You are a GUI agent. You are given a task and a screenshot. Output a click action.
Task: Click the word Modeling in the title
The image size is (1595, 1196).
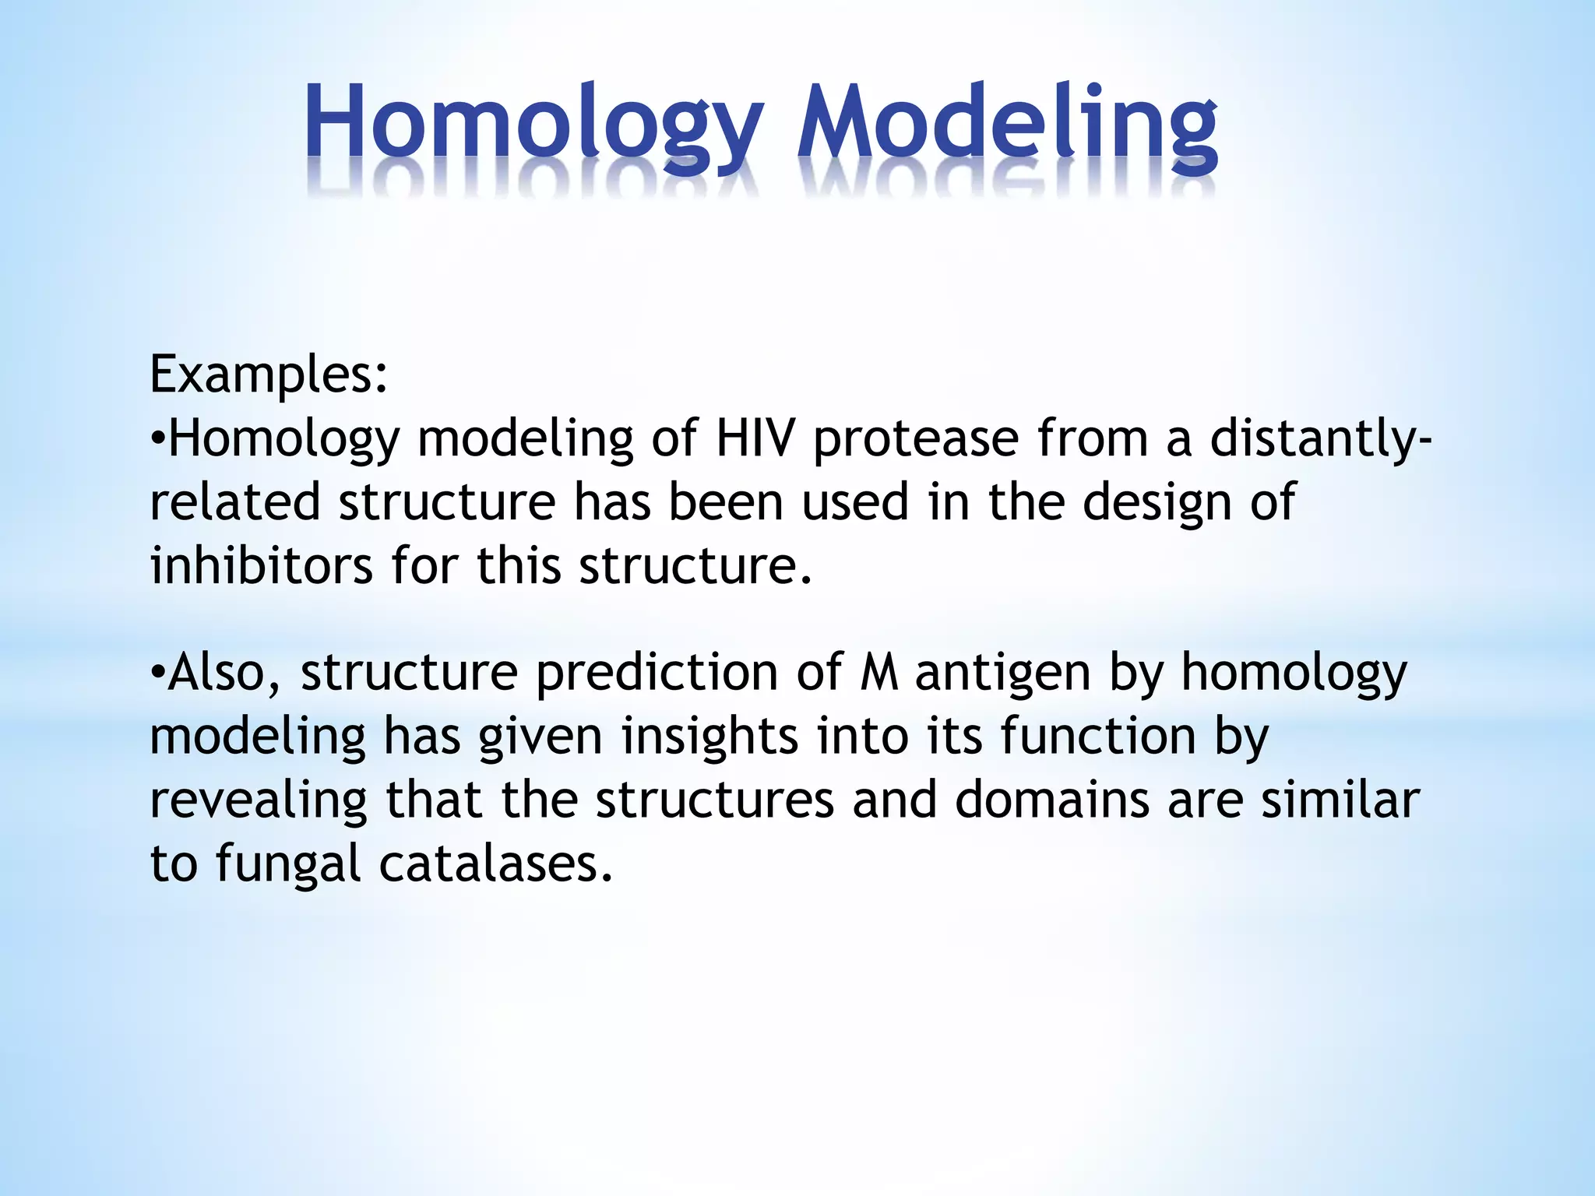coord(1007,125)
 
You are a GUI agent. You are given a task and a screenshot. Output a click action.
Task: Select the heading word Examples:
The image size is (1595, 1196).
coord(269,375)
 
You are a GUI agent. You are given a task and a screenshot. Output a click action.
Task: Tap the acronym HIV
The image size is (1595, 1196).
coord(755,438)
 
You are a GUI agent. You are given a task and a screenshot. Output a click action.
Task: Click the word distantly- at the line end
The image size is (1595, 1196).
coord(1319,438)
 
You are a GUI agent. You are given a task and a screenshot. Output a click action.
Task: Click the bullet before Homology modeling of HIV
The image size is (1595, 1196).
coord(157,440)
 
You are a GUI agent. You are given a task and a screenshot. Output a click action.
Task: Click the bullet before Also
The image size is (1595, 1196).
coord(157,674)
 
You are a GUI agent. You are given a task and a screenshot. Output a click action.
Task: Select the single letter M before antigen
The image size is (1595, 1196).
coord(879,674)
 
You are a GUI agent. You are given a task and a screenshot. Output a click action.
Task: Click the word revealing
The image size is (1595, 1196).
coord(258,802)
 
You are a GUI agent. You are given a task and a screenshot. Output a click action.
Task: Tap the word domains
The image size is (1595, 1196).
coord(1051,800)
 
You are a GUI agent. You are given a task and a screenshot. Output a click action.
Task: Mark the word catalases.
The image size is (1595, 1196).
coord(496,864)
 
